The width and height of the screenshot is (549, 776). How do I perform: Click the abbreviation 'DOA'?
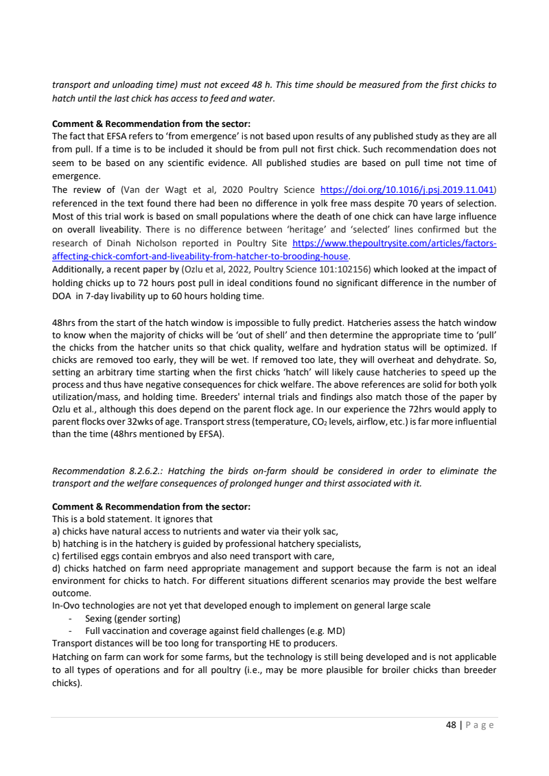click(x=63, y=296)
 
